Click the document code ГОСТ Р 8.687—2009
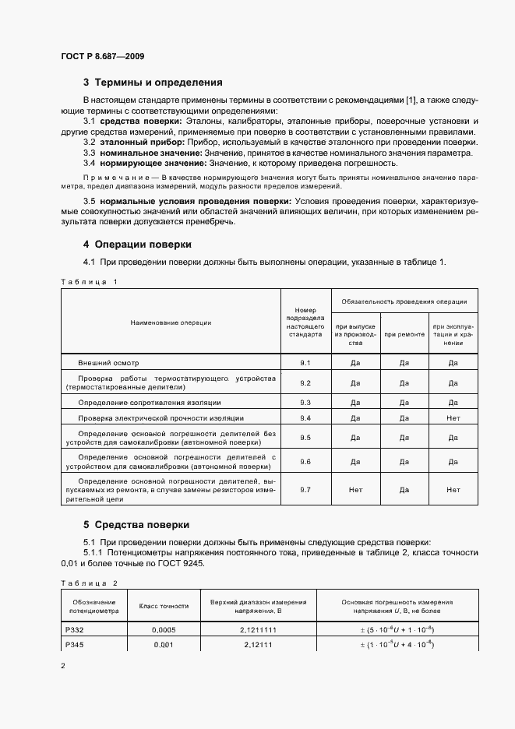point(102,57)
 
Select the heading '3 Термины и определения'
point(153,82)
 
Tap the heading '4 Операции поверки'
point(137,244)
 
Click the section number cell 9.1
point(305,363)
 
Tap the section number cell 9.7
point(305,490)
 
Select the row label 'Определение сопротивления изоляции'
point(149,402)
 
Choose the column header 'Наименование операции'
point(171,322)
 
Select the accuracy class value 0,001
point(164,646)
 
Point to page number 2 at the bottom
point(63,666)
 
